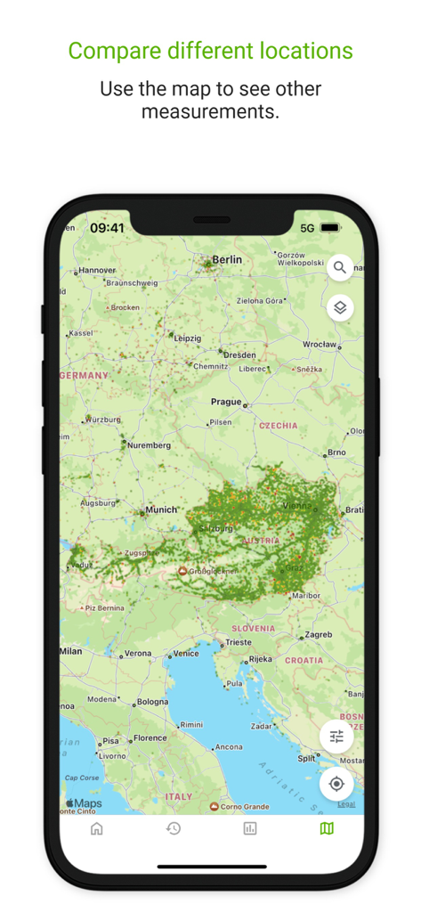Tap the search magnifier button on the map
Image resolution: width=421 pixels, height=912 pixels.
[340, 267]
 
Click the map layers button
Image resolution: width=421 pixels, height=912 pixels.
[340, 308]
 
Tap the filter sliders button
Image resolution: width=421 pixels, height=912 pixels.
[336, 737]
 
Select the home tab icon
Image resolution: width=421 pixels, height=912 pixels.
[97, 828]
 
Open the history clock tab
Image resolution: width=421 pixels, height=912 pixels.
[174, 828]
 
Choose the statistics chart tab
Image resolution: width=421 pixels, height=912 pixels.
[250, 828]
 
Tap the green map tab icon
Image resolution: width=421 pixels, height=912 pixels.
[327, 828]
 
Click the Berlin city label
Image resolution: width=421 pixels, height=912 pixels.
[226, 260]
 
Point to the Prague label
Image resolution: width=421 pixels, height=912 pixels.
[226, 402]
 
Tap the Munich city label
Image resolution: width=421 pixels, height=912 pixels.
[162, 510]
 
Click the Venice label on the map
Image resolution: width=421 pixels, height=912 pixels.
[185, 654]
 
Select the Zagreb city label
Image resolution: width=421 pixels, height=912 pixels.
[318, 636]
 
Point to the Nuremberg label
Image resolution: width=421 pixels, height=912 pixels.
[149, 444]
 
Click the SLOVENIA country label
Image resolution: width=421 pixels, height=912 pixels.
[254, 628]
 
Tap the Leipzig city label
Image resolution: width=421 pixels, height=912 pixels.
[188, 339]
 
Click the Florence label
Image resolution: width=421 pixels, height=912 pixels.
[150, 738]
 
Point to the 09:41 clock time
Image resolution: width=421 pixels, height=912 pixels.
[107, 228]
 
